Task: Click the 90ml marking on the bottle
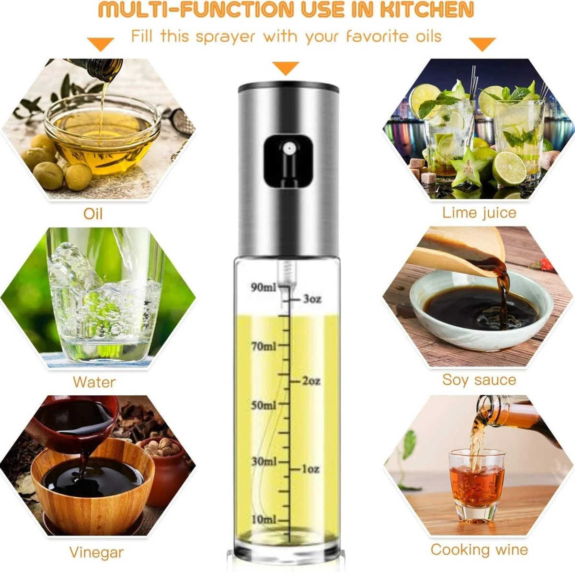click(264, 287)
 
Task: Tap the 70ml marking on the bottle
click(264, 347)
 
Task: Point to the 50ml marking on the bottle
click(264, 405)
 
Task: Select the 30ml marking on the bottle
click(264, 462)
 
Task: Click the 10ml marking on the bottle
click(264, 520)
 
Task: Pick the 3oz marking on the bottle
click(312, 299)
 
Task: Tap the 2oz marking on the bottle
click(311, 381)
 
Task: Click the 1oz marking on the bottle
click(310, 469)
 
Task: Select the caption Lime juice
click(479, 213)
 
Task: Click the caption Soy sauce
click(479, 380)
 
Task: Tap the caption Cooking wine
click(479, 549)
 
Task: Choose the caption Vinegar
click(96, 552)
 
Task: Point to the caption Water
click(94, 382)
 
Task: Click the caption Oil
click(93, 214)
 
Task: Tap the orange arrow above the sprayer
click(286, 68)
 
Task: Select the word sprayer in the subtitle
click(226, 37)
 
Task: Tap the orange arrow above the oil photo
click(101, 44)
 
